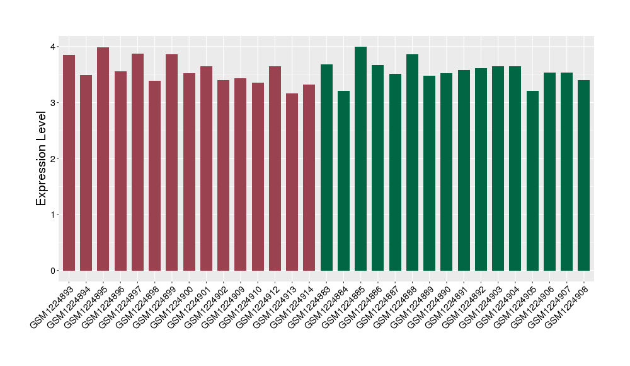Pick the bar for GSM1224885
coord(360,158)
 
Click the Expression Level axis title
coord(42,158)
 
